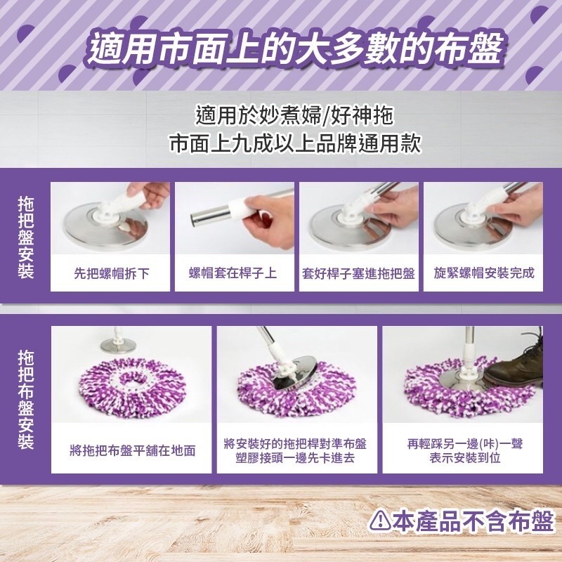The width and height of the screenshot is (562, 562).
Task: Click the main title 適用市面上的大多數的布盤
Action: (295, 49)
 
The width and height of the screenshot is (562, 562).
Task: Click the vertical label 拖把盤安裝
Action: (26, 237)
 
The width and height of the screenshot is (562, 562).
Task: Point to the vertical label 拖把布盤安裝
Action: (26, 399)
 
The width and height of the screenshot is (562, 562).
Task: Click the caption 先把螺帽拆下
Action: (111, 273)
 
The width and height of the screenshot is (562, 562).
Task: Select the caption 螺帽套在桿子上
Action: (235, 273)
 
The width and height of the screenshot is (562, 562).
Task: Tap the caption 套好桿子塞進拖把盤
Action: (359, 273)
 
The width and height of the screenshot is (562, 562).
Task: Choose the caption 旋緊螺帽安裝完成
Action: (483, 273)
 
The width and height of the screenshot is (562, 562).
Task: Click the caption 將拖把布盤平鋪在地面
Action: (132, 450)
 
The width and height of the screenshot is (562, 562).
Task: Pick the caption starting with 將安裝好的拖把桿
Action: (296, 450)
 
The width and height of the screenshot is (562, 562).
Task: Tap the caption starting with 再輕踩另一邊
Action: (464, 450)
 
